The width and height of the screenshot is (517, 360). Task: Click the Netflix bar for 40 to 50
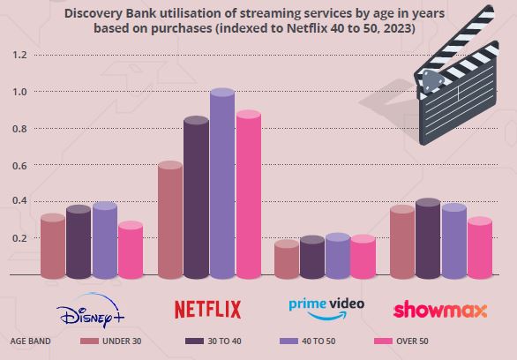[x=222, y=184]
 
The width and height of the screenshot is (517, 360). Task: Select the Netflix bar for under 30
[x=170, y=220]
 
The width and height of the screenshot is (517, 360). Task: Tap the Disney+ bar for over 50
[x=131, y=250]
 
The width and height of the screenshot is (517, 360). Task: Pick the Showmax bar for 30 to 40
[x=428, y=238]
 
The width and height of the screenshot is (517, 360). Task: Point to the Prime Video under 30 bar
[x=287, y=259]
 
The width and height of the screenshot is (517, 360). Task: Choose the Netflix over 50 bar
[x=249, y=194]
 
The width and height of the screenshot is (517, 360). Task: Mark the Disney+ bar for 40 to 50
[x=105, y=240]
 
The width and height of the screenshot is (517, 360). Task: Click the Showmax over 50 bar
[x=480, y=248]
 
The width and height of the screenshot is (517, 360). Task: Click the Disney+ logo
[x=90, y=311]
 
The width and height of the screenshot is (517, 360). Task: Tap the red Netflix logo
[x=207, y=310]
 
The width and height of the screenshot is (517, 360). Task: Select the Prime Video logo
[x=326, y=309]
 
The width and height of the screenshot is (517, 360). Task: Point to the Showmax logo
[x=440, y=310]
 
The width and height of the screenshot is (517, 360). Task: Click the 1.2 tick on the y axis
[x=19, y=55]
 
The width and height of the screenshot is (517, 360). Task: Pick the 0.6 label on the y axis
[x=19, y=165]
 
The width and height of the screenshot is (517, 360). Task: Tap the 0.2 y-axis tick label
[x=19, y=238]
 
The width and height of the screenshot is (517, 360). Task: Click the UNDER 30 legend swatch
[x=89, y=341]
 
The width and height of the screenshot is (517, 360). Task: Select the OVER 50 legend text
[x=412, y=341]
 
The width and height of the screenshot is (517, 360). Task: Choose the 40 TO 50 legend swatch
[x=288, y=341]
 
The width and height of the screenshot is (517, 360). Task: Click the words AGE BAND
[x=30, y=341]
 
